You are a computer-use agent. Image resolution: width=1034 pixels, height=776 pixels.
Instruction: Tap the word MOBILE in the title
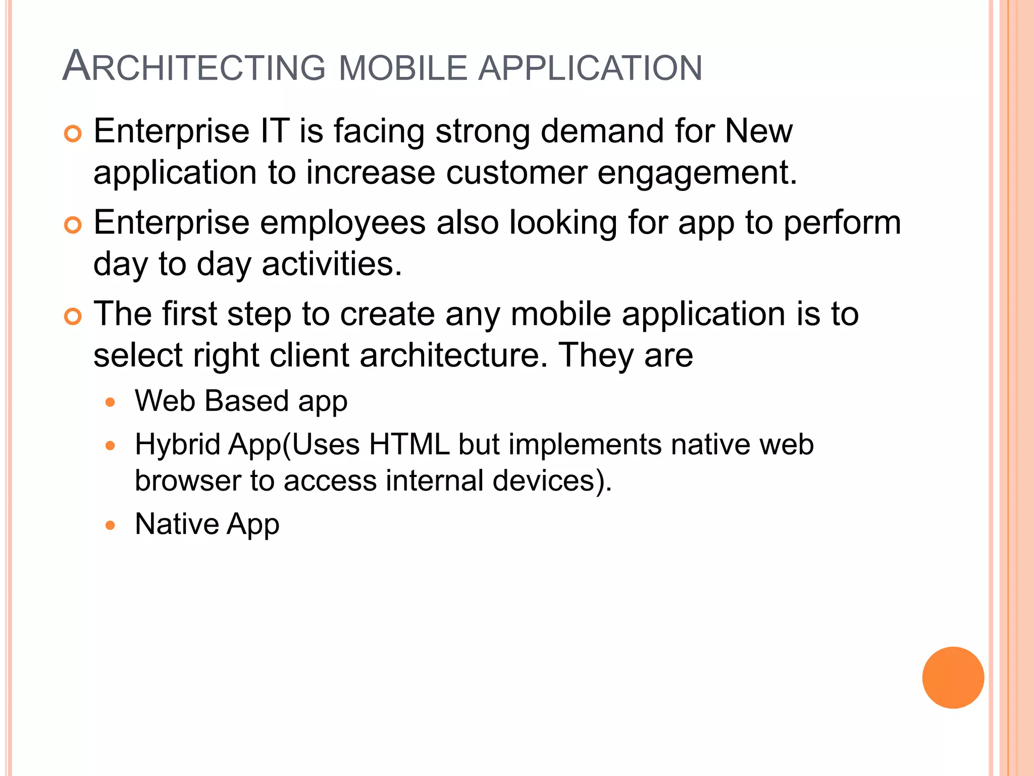[x=403, y=68]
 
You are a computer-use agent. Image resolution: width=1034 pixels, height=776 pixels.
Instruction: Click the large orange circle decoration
[x=953, y=677]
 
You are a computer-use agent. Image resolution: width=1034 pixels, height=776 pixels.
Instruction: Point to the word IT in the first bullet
[x=275, y=131]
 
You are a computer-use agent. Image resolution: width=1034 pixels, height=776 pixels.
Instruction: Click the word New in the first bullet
[x=758, y=131]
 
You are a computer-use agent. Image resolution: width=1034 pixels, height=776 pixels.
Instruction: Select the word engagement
[x=697, y=173]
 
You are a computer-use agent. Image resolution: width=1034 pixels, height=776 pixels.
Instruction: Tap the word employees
[x=342, y=223]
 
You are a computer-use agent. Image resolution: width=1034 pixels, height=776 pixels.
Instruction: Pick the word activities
[x=332, y=264]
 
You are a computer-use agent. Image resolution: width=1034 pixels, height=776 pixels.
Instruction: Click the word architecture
[x=453, y=355]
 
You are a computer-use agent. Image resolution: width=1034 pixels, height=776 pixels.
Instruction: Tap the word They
[x=596, y=355]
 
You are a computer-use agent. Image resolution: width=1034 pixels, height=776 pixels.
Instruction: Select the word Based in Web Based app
[x=246, y=401]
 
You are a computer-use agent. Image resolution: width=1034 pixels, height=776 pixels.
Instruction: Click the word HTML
[x=409, y=445]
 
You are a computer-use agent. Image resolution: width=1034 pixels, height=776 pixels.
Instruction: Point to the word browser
[x=188, y=480]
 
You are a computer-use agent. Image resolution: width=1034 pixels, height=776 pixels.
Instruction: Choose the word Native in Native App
[x=176, y=524]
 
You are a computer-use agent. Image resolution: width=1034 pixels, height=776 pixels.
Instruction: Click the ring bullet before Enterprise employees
[x=73, y=225]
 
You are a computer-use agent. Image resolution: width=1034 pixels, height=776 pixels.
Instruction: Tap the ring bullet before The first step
[x=73, y=317]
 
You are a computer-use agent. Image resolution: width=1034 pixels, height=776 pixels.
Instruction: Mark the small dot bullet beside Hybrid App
[x=111, y=446]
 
